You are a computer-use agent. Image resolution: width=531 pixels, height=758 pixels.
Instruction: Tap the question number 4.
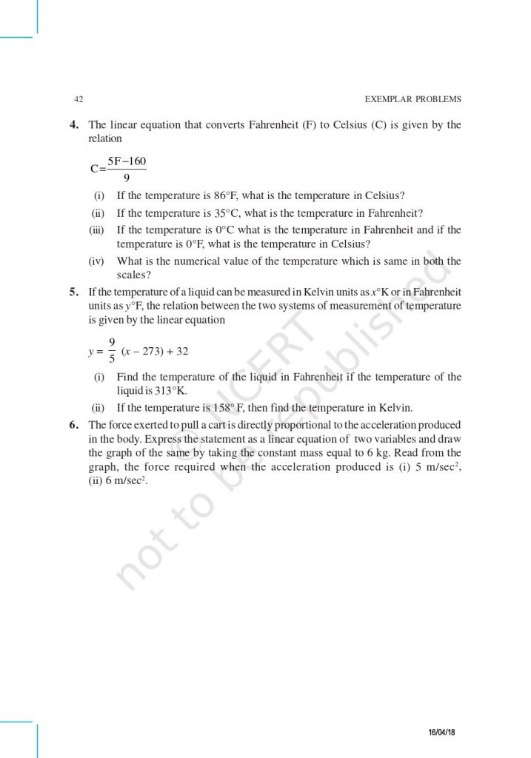[x=74, y=125]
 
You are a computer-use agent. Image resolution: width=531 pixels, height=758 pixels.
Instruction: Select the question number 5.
[x=74, y=292]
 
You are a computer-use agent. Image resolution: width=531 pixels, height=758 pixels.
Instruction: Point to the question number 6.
[x=74, y=425]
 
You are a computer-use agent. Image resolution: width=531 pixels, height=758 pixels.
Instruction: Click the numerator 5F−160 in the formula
[x=127, y=161]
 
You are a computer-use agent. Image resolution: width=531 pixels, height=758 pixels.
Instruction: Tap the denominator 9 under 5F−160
[x=127, y=178]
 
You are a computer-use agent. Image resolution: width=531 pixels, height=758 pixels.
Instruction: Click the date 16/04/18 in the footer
[x=442, y=732]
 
